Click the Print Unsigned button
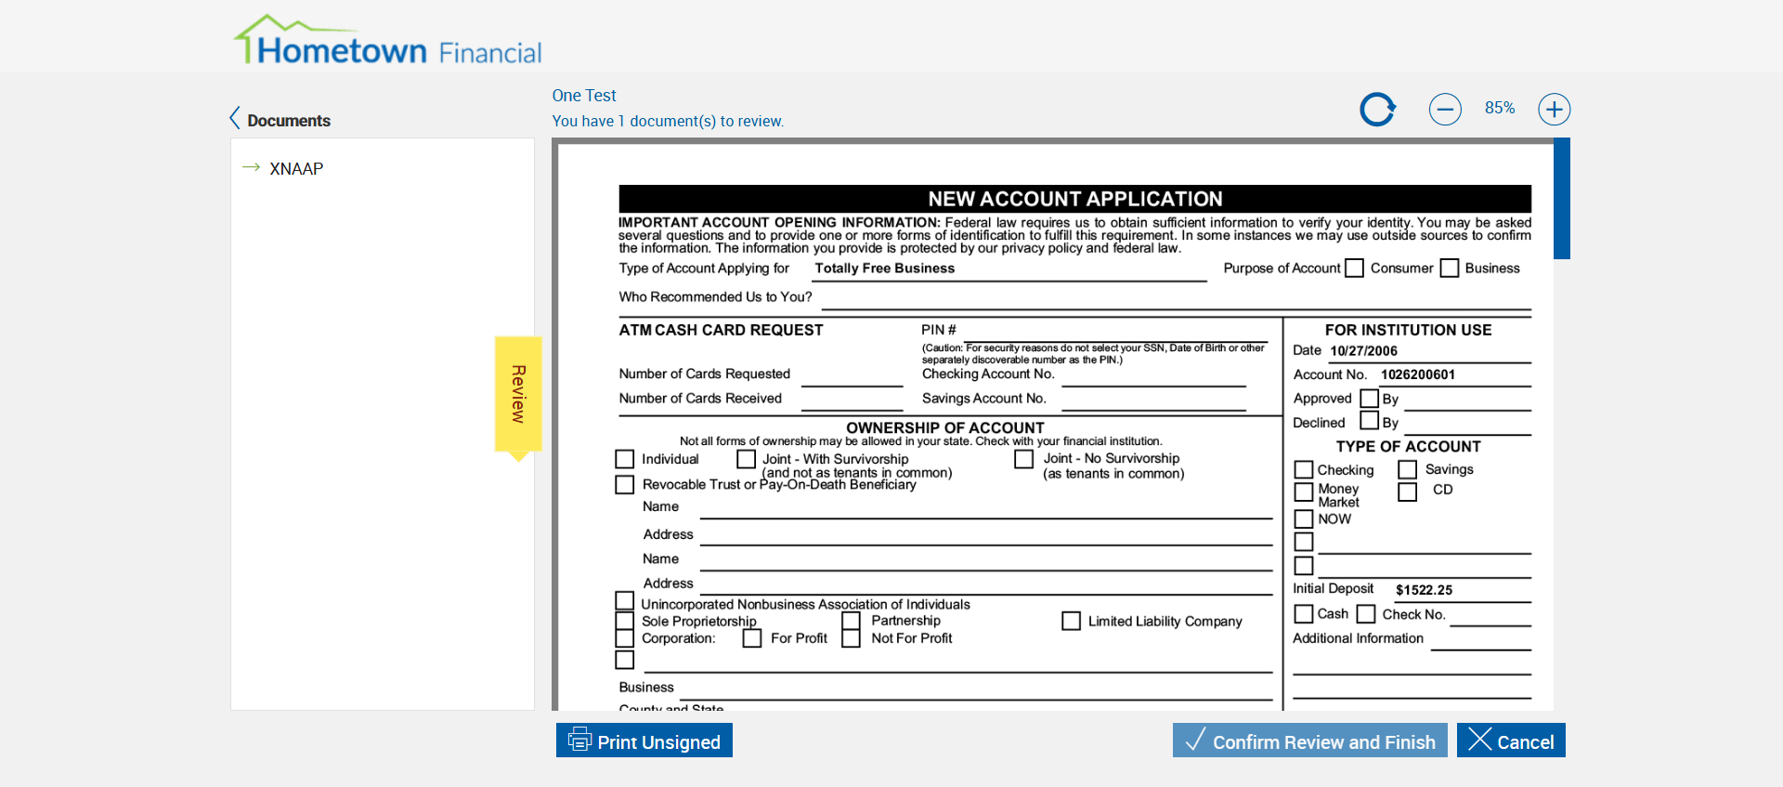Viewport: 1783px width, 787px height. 644,741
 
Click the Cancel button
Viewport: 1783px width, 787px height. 1511,741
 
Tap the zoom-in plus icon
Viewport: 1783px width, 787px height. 1554,110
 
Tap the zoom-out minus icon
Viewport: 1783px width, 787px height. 1445,110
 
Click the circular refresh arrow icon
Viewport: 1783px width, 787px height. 1378,110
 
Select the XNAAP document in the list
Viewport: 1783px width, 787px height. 296,169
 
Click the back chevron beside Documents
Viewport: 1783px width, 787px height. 235,119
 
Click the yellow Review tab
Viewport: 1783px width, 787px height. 518,394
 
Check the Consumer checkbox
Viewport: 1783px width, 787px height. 1355,269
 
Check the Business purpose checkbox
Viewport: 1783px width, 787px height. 1450,269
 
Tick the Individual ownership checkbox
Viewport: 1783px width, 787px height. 625,459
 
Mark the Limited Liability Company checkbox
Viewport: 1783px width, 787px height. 1072,621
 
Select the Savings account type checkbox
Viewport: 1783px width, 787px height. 1408,470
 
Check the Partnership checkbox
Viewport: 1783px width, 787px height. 852,621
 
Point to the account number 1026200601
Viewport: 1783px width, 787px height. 1418,375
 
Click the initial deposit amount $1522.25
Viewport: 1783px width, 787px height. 1424,590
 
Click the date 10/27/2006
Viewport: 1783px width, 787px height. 1363,351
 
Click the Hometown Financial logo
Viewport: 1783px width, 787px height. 387,41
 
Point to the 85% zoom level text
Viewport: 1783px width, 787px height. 1500,109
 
